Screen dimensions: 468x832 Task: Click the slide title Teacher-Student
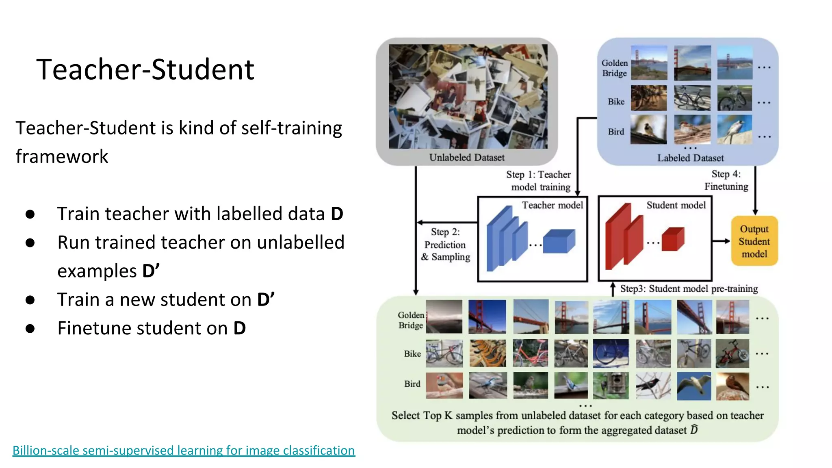point(145,69)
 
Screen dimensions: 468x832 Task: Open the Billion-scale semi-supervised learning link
point(184,450)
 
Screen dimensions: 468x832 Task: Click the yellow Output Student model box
point(754,241)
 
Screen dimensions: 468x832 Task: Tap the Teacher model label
point(552,205)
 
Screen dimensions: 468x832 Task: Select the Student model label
point(676,205)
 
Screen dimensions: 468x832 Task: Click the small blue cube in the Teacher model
point(559,242)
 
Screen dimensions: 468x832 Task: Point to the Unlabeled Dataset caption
point(467,158)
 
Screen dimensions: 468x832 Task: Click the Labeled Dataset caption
point(690,158)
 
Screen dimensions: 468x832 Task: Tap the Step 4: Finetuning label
point(726,180)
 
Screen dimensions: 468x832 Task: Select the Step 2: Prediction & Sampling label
point(446,244)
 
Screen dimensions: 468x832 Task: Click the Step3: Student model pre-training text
point(689,289)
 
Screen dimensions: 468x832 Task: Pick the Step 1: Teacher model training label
point(539,181)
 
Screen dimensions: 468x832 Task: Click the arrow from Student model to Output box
point(721,241)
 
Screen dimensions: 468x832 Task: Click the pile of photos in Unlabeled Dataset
point(468,96)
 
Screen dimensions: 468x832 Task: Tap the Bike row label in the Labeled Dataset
point(616,102)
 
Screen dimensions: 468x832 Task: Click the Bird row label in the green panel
point(412,384)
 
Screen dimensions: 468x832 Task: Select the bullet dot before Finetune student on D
point(30,328)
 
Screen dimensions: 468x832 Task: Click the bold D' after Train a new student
point(266,300)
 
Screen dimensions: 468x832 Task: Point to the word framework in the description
point(62,156)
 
